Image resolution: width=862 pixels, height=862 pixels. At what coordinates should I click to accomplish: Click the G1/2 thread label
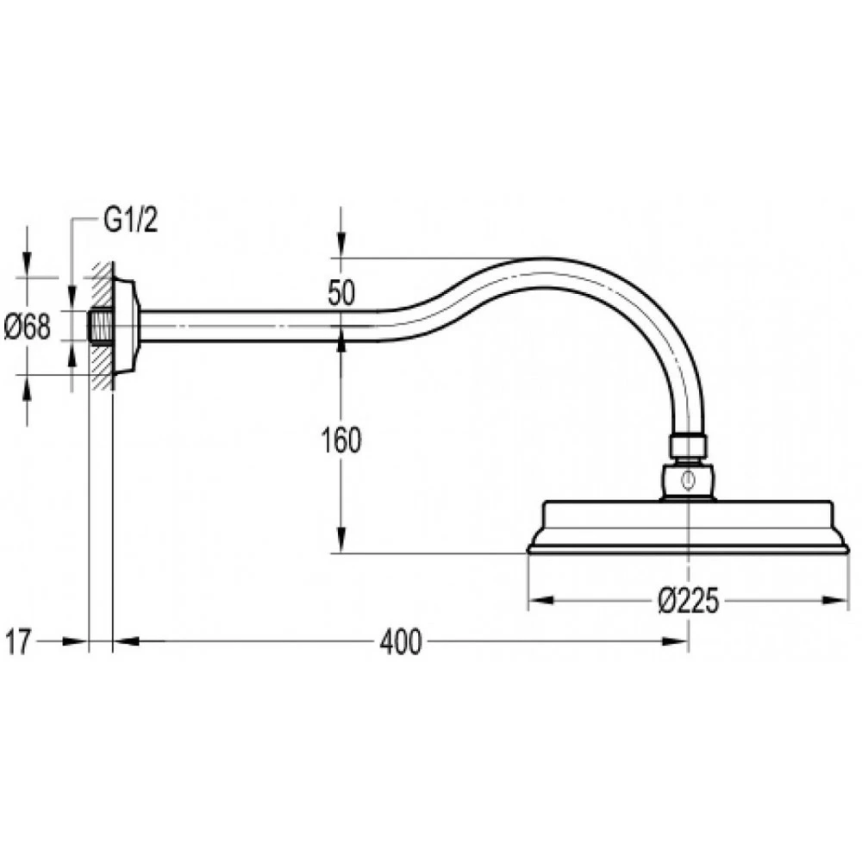pos(131,222)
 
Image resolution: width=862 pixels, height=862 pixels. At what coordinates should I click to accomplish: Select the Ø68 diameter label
pos(28,327)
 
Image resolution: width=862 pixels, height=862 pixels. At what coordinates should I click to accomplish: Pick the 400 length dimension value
pos(402,642)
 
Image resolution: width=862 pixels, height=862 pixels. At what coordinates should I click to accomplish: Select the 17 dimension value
pos(19,642)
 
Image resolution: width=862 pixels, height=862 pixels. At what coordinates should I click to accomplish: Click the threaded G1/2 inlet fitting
pos(100,327)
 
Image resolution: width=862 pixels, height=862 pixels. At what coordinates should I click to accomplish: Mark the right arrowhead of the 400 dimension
pos(679,640)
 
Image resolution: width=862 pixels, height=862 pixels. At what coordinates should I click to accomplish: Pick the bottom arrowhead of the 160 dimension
pos(341,544)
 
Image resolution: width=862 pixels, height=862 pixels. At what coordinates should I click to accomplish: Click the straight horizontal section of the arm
pos(259,326)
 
